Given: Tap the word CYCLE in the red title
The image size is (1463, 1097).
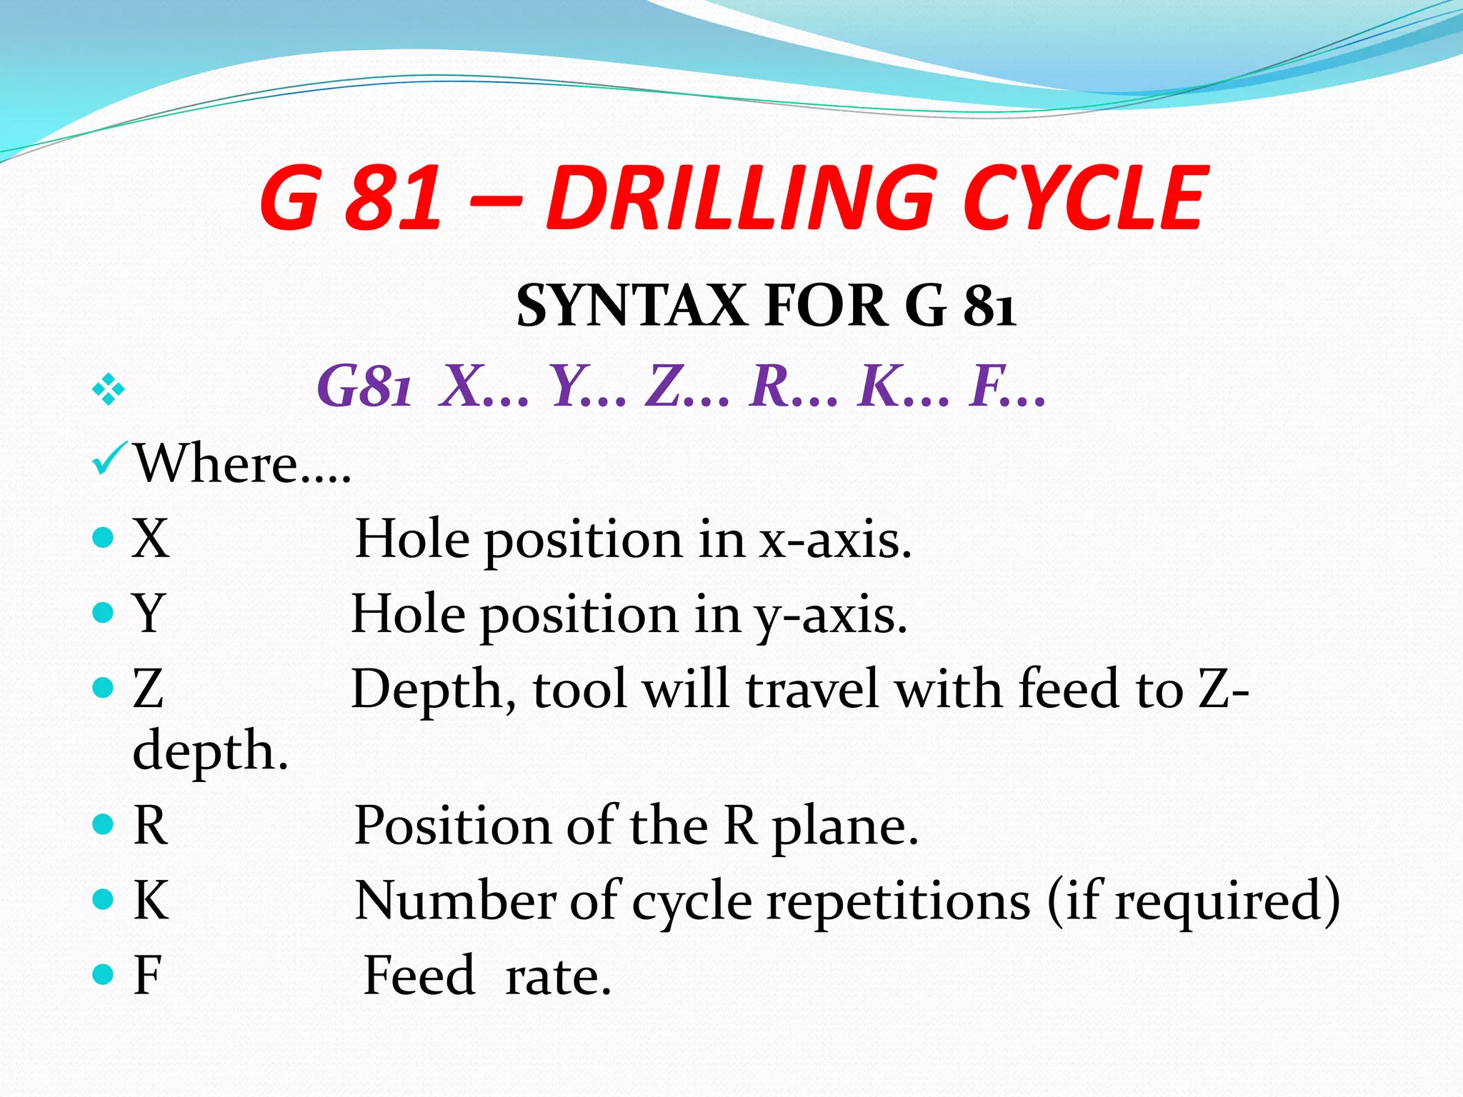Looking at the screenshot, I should pos(1084,198).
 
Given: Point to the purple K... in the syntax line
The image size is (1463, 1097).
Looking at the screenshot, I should pos(904,386).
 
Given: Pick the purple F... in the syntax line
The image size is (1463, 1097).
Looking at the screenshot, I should pos(1007,386).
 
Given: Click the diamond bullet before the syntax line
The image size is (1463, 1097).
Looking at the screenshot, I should pos(108,390).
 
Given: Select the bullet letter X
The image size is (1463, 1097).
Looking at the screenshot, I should pos(151,539).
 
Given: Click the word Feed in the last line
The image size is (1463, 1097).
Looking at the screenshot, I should pos(419,975).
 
